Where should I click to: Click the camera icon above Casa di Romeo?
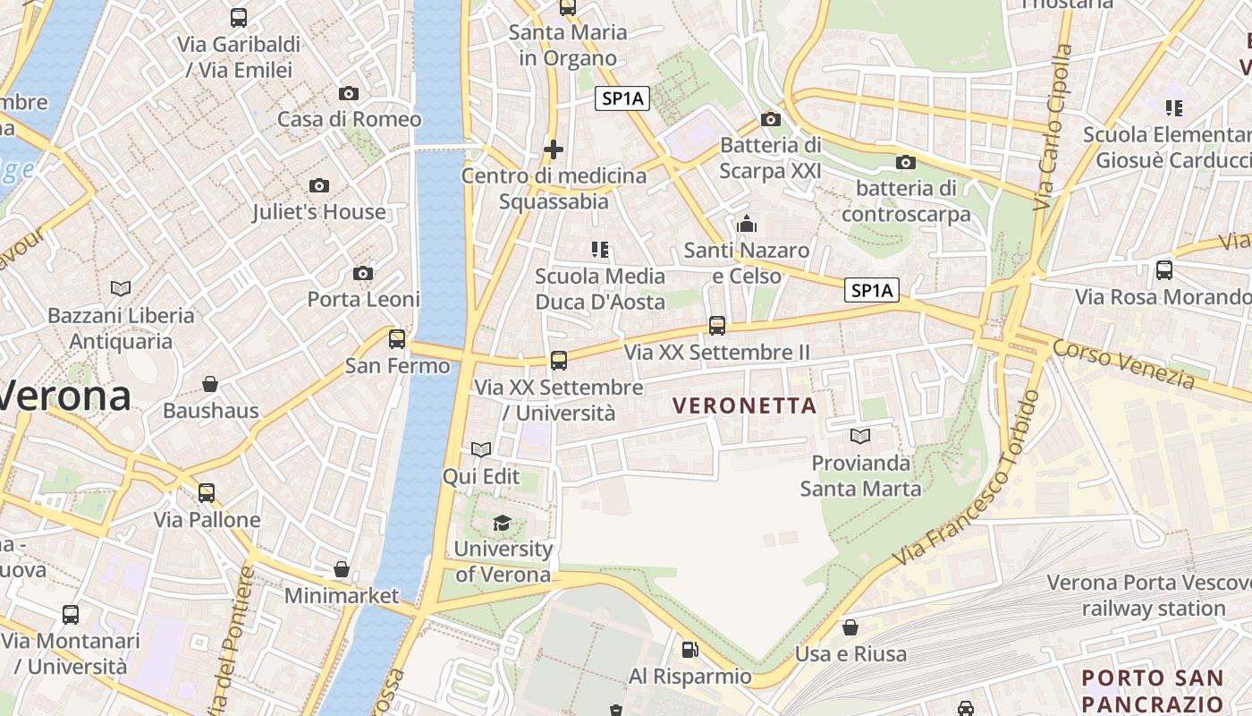(349, 93)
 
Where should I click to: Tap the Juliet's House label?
(318, 212)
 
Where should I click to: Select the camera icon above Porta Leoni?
(363, 273)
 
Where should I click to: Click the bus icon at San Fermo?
(397, 339)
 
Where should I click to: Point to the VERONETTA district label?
(744, 405)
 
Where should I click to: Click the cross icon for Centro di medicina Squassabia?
(554, 149)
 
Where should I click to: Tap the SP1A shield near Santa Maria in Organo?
(622, 98)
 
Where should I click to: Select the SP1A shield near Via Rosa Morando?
(872, 290)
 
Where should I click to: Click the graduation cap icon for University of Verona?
(502, 523)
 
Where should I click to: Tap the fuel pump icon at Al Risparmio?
(689, 650)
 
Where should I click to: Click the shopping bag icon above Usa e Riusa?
(850, 627)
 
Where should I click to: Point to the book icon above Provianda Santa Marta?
(860, 437)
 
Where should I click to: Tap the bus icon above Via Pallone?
(207, 492)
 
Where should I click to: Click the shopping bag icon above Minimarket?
(341, 569)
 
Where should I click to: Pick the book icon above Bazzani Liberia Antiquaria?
(121, 288)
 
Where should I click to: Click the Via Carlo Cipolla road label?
(1053, 128)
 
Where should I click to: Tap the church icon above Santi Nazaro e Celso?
(747, 224)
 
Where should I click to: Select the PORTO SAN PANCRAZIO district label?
(1152, 689)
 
